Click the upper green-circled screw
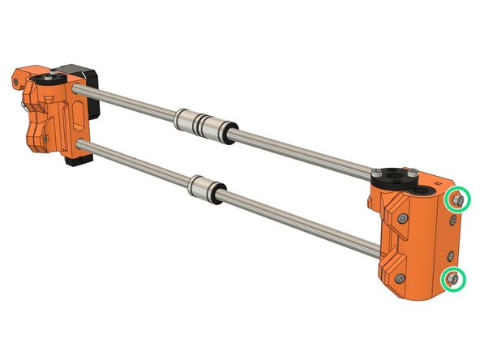458,199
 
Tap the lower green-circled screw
452,280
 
